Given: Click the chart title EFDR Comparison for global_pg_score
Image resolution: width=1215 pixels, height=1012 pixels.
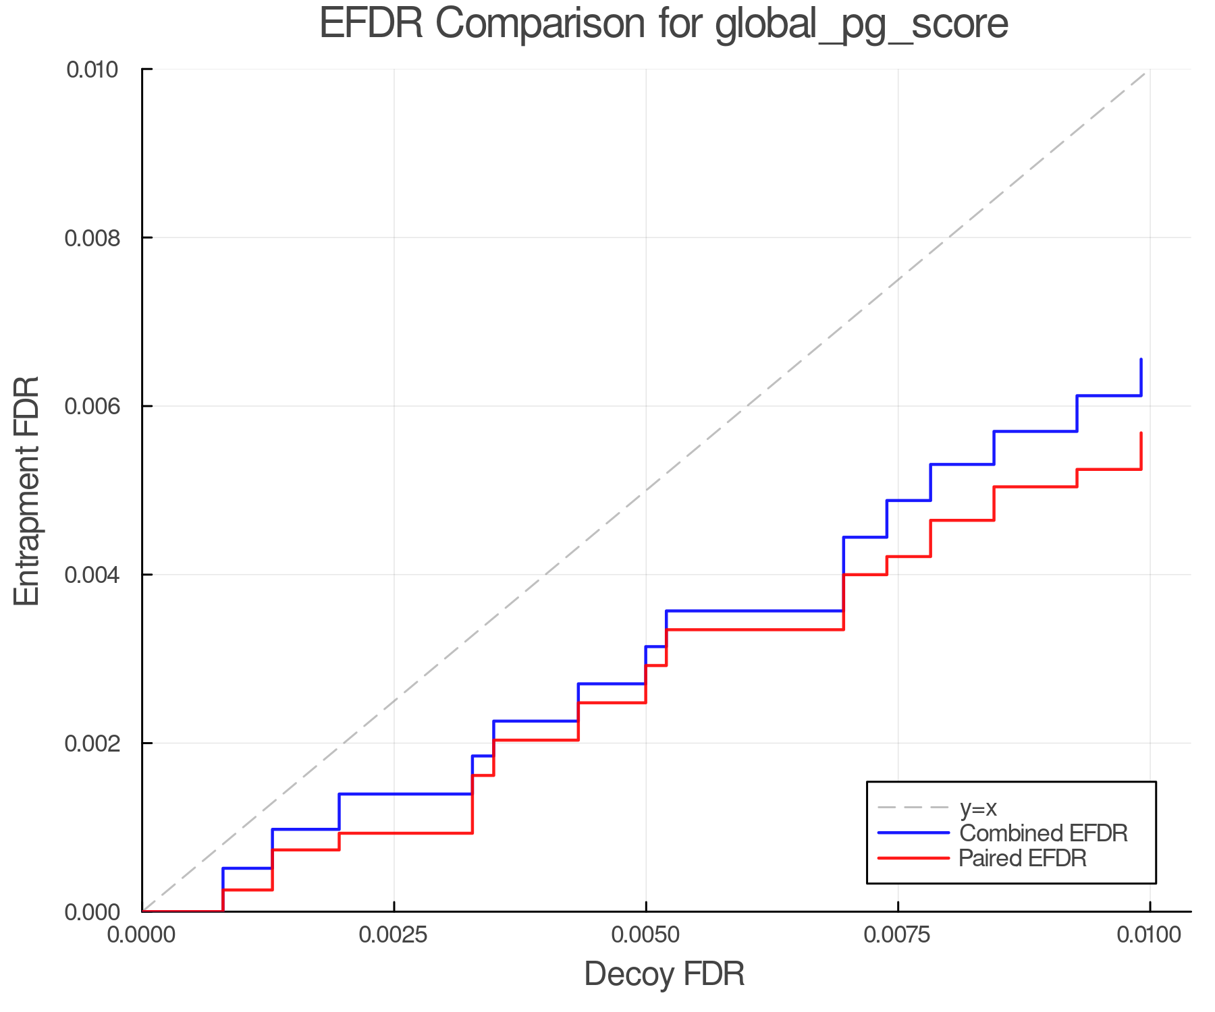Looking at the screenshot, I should click(x=664, y=24).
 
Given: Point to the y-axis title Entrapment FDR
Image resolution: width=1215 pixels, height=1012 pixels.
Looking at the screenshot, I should click(x=27, y=490).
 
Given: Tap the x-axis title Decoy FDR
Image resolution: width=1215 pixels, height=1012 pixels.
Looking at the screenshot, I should click(x=664, y=974).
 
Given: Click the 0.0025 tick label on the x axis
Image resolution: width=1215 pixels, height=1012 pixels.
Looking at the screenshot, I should click(x=394, y=935).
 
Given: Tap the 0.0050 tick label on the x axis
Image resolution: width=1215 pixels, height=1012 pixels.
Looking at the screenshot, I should click(x=646, y=935).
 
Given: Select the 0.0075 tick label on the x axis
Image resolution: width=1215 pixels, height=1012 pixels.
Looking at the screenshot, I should click(x=898, y=935).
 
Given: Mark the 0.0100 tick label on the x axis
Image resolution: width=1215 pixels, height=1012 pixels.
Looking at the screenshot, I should click(x=1150, y=935).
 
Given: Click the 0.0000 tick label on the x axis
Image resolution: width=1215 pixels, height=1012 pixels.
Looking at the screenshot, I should click(x=142, y=935).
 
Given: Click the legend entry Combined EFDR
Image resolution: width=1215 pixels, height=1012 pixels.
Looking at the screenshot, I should click(x=1044, y=833).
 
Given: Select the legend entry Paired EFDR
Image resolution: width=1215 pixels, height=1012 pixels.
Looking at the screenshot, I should click(x=1023, y=858).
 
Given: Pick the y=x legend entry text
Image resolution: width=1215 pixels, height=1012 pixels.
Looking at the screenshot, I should click(x=978, y=808).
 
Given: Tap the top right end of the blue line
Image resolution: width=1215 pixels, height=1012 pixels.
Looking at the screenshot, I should click(x=1141, y=360).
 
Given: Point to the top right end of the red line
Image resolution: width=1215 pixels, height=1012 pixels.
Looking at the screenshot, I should click(x=1141, y=433).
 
